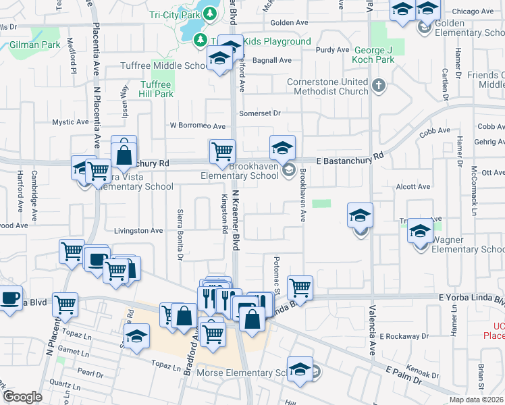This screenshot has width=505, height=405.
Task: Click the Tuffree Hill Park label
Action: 157,89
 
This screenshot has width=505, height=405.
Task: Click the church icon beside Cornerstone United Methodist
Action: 379,86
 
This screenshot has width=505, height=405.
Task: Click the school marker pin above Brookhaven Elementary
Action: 283,148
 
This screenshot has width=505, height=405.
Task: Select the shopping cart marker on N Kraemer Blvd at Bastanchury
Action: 222,152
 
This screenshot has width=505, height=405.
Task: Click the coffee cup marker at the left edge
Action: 10,298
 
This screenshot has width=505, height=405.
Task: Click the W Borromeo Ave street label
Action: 197,126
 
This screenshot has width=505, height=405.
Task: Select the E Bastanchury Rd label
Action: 350,157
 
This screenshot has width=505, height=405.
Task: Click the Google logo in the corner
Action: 22,397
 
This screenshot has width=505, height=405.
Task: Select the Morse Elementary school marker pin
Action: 300,370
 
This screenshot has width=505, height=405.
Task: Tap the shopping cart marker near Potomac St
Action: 300,288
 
